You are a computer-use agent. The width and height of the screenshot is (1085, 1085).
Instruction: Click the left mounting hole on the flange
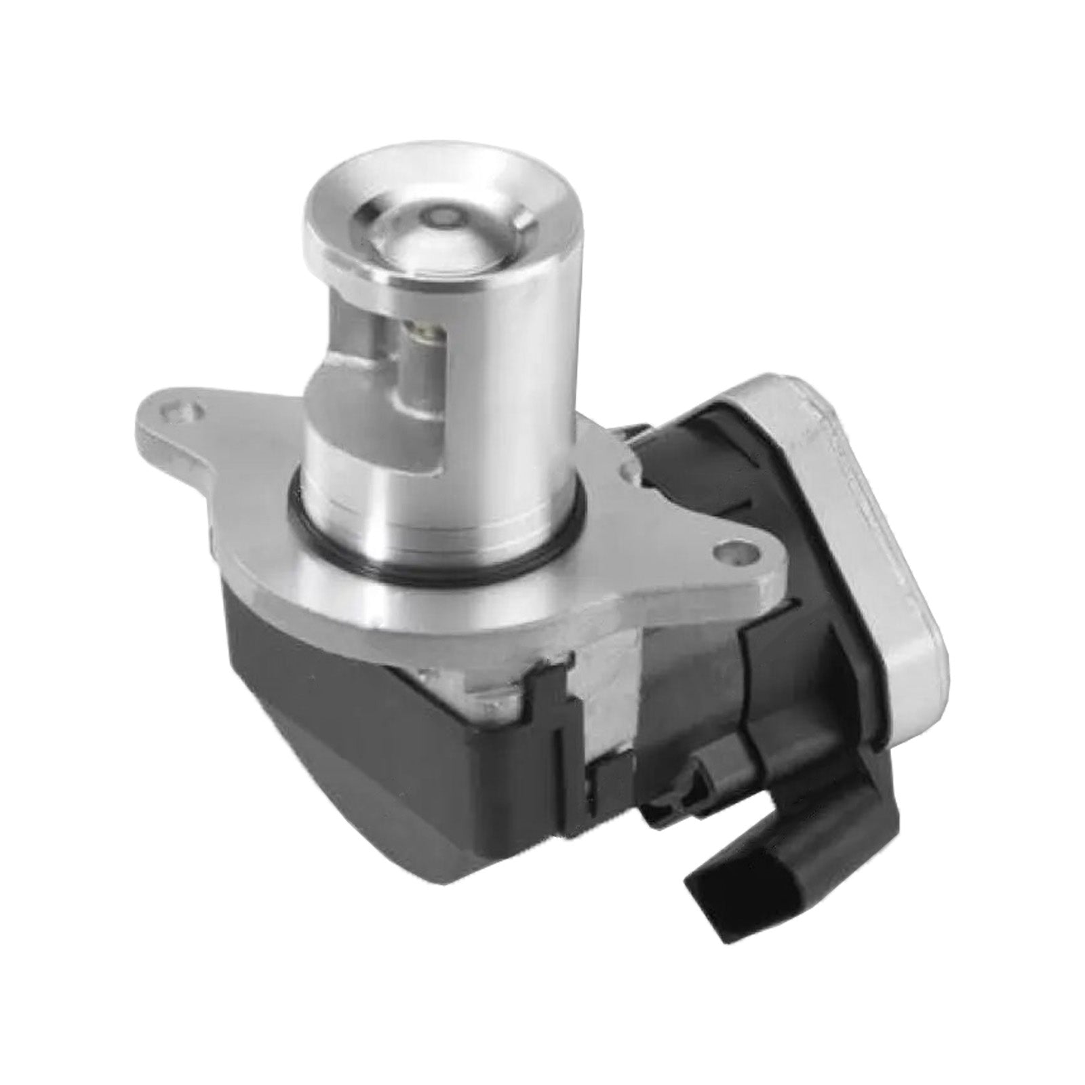(188, 410)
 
